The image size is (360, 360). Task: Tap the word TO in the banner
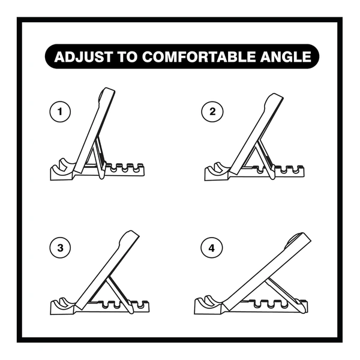(x=127, y=57)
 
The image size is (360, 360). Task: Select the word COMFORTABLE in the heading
(x=199, y=57)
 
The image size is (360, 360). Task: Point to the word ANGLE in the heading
(x=286, y=57)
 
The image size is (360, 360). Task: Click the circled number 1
(x=60, y=112)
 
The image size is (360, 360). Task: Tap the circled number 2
(x=212, y=112)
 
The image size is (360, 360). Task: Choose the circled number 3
(x=60, y=248)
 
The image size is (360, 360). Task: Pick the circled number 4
(x=212, y=248)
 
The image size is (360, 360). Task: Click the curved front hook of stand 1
(x=64, y=165)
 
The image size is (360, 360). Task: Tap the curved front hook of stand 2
(x=218, y=168)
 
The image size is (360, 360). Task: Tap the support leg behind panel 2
(x=265, y=160)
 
